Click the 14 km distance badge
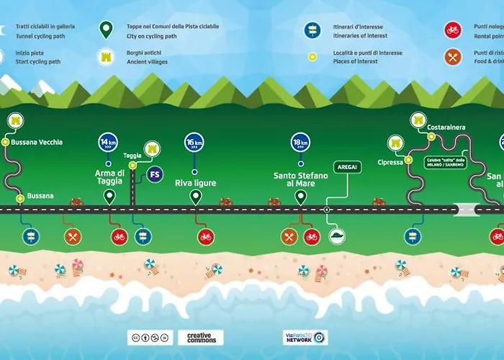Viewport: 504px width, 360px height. coord(108,141)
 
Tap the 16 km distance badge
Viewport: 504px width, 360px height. coord(194,141)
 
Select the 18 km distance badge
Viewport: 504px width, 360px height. coord(300,141)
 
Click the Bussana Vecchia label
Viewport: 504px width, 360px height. coord(37,142)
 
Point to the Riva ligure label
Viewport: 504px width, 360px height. coord(194,183)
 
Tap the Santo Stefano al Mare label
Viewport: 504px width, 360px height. coord(300,179)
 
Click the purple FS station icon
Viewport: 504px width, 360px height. coord(154,174)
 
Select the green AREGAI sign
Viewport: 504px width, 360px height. coord(343,167)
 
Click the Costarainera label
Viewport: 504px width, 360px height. coord(446,127)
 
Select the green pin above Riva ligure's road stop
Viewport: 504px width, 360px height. coord(194,197)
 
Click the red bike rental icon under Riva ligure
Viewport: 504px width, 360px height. coord(205,236)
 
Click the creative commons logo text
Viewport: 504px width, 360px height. coord(200,337)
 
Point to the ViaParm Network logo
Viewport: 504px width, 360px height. coord(305,337)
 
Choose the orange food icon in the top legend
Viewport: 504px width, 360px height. coord(452,56)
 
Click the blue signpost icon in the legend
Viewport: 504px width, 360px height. coord(312,30)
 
